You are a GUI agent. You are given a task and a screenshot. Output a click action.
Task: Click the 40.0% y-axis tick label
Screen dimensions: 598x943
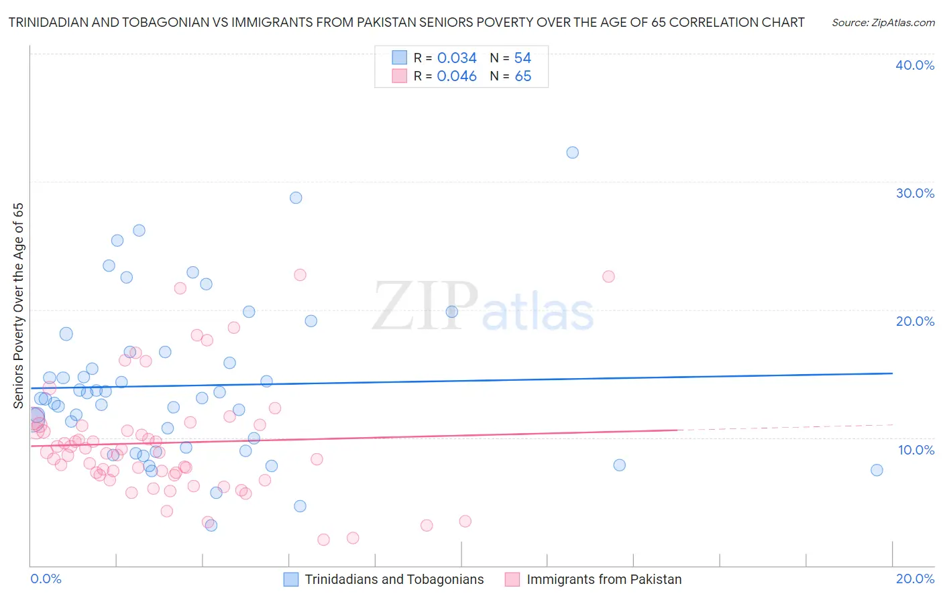click(x=915, y=65)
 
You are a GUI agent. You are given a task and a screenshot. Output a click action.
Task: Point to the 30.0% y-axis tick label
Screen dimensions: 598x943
click(x=915, y=193)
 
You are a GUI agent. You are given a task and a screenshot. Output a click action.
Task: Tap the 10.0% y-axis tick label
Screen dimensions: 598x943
click(x=916, y=450)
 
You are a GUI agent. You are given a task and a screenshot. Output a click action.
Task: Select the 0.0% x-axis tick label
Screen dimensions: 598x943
click(x=46, y=579)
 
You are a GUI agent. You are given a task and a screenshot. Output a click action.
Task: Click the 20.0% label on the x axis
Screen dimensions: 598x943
click(x=915, y=579)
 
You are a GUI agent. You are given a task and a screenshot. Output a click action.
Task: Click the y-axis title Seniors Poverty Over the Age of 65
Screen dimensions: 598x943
click(x=19, y=306)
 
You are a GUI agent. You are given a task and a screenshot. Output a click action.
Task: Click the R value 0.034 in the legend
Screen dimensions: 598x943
click(x=457, y=58)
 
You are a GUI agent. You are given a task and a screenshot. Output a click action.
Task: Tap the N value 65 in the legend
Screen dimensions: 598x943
click(x=523, y=76)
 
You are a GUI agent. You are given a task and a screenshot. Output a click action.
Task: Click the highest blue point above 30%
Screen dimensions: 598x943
click(x=572, y=153)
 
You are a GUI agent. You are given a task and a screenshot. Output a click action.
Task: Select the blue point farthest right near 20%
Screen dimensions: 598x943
click(x=877, y=470)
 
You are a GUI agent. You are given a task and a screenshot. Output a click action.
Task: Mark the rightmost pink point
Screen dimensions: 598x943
click(x=608, y=276)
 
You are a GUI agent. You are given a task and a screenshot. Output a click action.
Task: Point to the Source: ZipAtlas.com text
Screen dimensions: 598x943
click(x=883, y=23)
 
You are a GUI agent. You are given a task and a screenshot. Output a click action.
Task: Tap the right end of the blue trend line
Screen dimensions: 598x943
click(x=892, y=373)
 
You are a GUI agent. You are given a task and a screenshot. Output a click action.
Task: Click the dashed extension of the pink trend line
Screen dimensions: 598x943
click(x=785, y=427)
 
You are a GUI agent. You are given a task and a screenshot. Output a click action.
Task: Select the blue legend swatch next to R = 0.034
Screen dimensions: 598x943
click(x=400, y=58)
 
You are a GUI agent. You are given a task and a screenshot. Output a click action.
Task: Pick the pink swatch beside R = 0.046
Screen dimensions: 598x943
click(x=400, y=76)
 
